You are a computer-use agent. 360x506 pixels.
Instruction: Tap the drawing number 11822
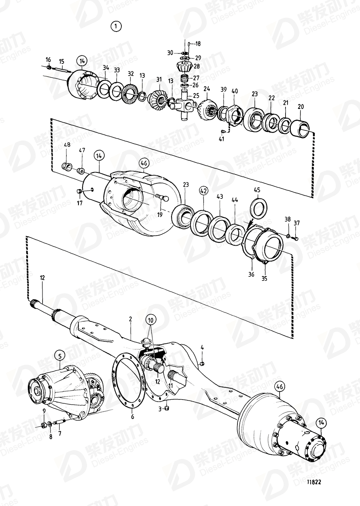315,482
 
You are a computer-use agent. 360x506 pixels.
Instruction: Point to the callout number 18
198,43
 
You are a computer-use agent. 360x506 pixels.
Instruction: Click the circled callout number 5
59,356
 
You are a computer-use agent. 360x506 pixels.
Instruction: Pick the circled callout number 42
203,189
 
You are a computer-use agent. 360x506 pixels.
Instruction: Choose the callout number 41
221,139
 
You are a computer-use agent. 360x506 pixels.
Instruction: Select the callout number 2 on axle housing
130,319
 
